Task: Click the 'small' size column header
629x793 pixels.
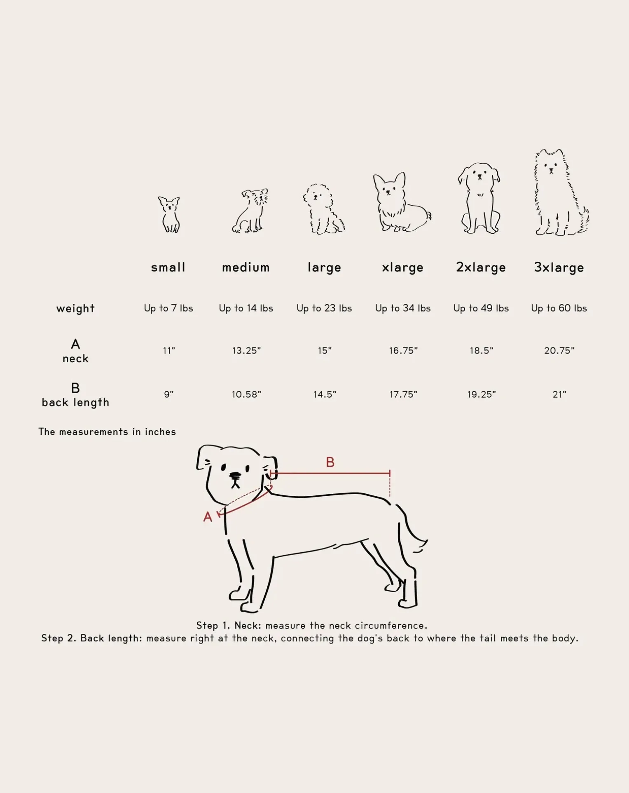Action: tap(168, 267)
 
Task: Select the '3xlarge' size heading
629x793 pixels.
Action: tap(559, 268)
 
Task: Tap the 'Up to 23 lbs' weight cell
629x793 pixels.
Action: tap(324, 308)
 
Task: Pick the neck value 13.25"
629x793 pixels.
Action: tap(246, 351)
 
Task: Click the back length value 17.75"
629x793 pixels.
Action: tap(403, 394)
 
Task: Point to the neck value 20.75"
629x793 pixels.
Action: tap(559, 351)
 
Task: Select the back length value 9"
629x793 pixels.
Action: tap(168, 394)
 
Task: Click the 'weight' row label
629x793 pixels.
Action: tap(75, 308)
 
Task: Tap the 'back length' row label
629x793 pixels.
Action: tap(75, 403)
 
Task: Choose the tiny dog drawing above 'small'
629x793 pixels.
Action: tap(169, 214)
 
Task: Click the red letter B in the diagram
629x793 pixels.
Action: tap(330, 462)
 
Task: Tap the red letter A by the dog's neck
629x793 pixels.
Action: tap(208, 517)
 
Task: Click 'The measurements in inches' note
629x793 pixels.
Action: tap(107, 432)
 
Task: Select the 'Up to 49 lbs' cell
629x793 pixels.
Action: tap(481, 308)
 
